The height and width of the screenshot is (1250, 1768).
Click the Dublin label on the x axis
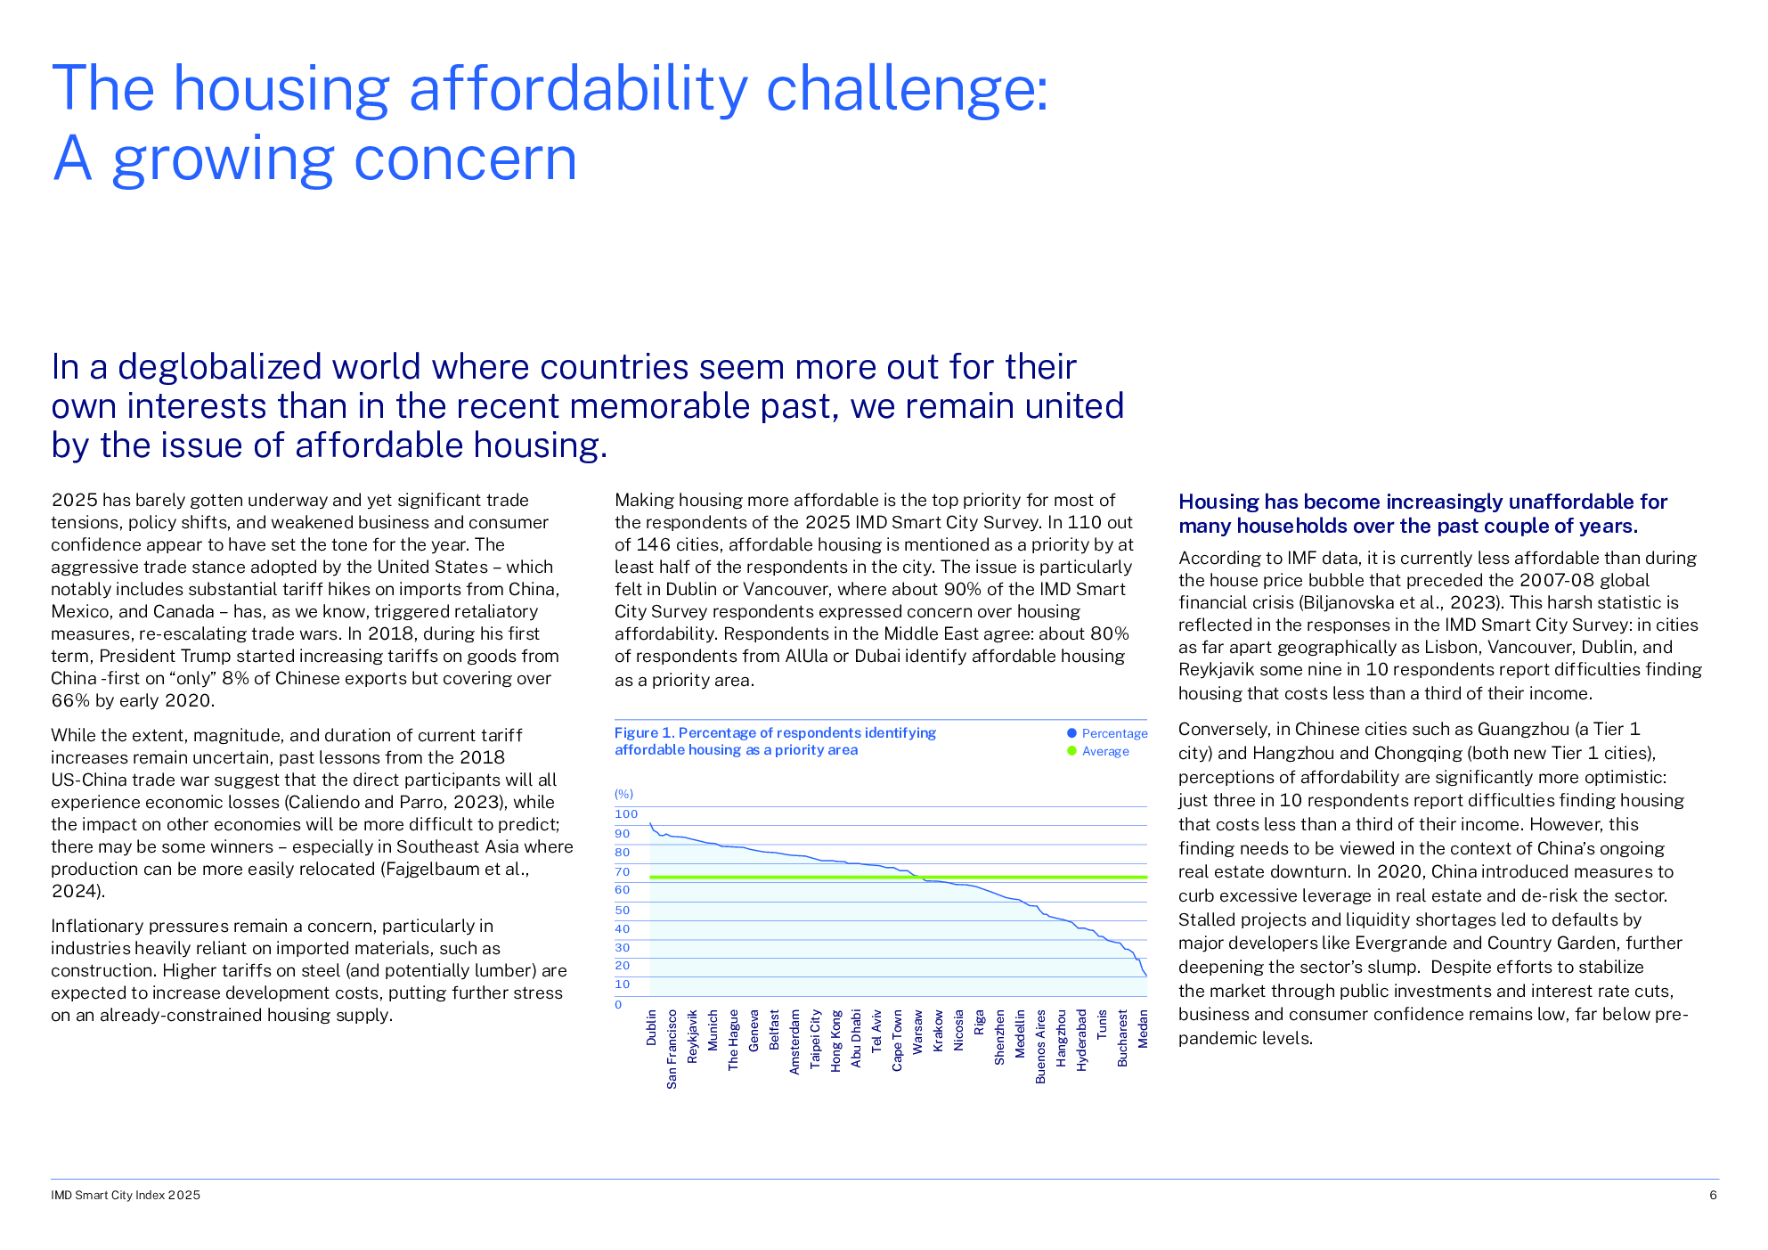pyautogui.click(x=651, y=1027)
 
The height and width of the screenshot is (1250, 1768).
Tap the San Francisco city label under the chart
pyautogui.click(x=672, y=1049)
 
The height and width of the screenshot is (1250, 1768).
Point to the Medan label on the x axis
pyautogui.click(x=1143, y=1028)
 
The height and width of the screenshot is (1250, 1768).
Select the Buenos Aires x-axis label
pyautogui.click(x=1040, y=1046)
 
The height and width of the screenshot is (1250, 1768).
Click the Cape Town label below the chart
pyautogui.click(x=897, y=1040)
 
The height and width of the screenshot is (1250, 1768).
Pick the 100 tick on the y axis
pyautogui.click(x=626, y=813)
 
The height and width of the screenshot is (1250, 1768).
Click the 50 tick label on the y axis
pyautogui.click(x=622, y=910)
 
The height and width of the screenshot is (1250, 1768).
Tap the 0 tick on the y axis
pyautogui.click(x=618, y=1004)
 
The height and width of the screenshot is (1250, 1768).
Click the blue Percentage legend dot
pyautogui.click(x=1071, y=733)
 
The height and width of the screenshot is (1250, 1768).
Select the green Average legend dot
pyautogui.click(x=1071, y=751)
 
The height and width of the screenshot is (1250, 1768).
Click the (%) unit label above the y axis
pyautogui.click(x=623, y=794)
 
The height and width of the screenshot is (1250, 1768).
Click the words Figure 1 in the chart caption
pyautogui.click(x=644, y=732)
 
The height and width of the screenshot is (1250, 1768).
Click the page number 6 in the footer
pyautogui.click(x=1713, y=1195)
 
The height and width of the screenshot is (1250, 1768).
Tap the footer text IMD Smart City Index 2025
pyautogui.click(x=126, y=1195)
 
